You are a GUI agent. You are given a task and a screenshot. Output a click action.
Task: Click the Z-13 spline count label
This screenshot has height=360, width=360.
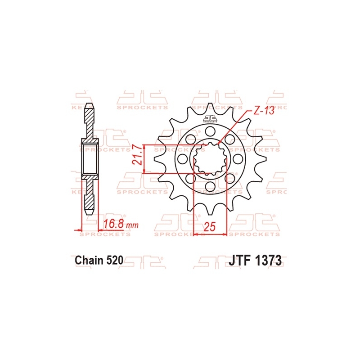point(264,111)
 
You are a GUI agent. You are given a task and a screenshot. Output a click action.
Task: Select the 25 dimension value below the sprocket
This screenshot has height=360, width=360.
point(210,227)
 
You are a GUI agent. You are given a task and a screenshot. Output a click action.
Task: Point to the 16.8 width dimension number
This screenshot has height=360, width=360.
point(114,224)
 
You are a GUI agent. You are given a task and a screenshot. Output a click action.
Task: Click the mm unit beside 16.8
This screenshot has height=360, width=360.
point(132,225)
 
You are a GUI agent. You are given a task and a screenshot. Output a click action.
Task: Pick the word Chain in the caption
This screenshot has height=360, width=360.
point(89,260)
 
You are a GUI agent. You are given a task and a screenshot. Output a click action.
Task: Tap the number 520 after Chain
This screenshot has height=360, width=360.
point(115,260)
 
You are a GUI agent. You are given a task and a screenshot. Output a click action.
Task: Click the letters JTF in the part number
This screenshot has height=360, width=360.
point(239,261)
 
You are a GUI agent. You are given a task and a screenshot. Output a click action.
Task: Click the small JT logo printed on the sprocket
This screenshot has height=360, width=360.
point(210,119)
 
